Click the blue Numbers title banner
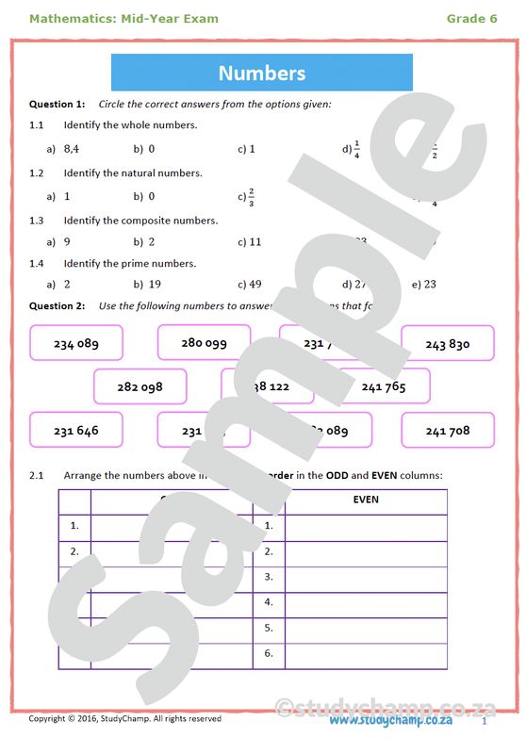(262, 73)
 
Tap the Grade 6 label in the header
(471, 19)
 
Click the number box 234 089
(76, 344)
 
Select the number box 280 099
(204, 343)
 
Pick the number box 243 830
(447, 344)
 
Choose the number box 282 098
(140, 386)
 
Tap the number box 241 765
(383, 386)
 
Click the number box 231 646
(76, 430)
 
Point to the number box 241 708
(447, 430)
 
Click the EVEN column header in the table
(365, 500)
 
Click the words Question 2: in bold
(57, 305)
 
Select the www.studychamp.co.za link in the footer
(390, 720)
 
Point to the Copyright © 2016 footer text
(124, 719)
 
